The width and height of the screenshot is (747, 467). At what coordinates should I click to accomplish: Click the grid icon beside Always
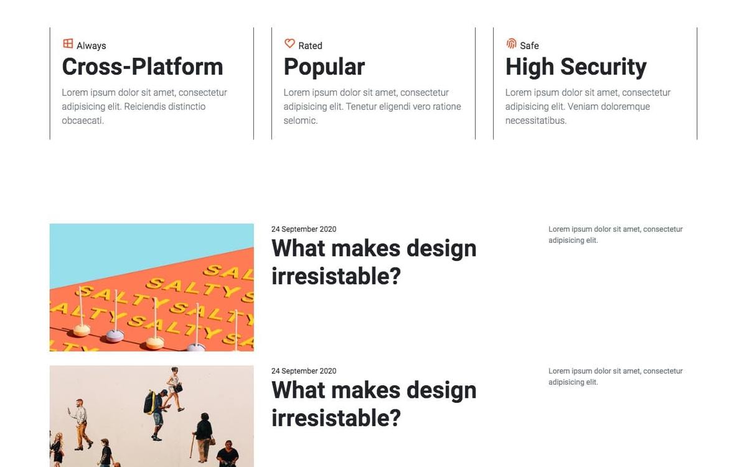click(68, 44)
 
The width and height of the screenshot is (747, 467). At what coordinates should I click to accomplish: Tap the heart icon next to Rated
click(290, 44)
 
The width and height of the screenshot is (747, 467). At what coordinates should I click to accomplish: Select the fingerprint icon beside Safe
click(511, 44)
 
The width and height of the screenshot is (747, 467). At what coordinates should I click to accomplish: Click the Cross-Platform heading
click(143, 67)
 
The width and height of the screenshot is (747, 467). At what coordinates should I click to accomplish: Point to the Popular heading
click(324, 68)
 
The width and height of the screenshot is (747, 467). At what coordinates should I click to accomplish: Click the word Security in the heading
click(604, 68)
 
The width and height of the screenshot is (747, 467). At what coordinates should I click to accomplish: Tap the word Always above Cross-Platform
click(92, 45)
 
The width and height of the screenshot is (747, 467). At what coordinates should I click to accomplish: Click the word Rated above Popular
click(310, 45)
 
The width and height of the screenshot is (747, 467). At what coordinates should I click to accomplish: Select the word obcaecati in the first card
click(83, 120)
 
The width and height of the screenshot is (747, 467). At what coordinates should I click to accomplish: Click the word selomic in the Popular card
click(301, 120)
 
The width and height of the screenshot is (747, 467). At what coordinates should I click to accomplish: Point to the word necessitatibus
click(536, 120)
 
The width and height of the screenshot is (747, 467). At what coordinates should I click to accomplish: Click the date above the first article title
click(304, 229)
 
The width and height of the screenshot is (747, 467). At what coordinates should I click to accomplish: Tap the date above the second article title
click(304, 371)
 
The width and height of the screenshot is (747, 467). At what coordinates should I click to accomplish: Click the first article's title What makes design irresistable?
click(374, 262)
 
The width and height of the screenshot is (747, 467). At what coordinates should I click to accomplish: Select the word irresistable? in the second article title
click(336, 418)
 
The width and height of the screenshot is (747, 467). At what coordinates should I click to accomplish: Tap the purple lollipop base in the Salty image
click(115, 336)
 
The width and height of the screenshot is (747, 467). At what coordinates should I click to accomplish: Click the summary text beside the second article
click(616, 377)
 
